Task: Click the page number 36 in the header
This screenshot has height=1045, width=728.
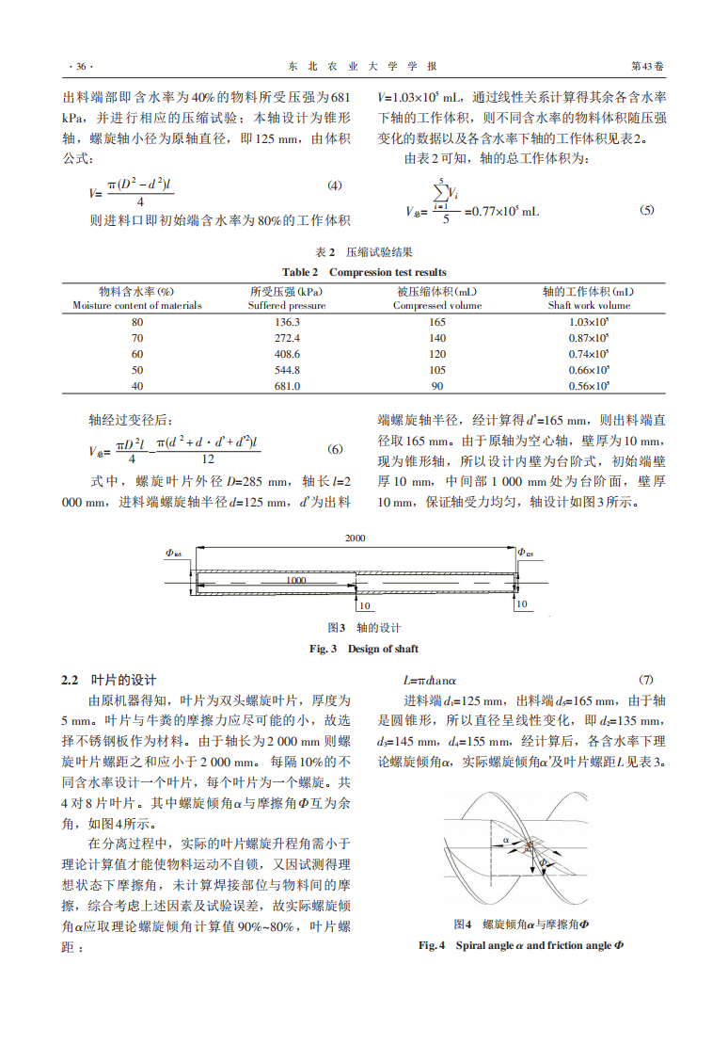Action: [x=82, y=67]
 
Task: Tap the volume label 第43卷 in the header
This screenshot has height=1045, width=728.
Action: [x=647, y=67]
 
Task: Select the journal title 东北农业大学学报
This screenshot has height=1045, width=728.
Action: [x=362, y=67]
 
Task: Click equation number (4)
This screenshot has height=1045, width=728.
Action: [x=334, y=185]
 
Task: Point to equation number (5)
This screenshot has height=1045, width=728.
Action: [x=646, y=210]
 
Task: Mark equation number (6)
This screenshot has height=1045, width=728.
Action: [x=334, y=449]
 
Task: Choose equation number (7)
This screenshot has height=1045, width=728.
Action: [x=646, y=680]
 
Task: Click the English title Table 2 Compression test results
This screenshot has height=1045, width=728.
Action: [x=365, y=272]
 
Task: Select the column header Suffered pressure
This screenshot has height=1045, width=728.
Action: [x=287, y=306]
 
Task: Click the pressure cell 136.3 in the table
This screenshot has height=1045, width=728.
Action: [x=287, y=322]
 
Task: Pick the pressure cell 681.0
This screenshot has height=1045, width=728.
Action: [x=287, y=386]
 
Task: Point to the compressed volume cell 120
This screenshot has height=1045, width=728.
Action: [x=437, y=354]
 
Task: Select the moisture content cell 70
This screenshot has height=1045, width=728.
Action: [x=137, y=338]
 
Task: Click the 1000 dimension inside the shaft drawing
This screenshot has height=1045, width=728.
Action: [x=296, y=582]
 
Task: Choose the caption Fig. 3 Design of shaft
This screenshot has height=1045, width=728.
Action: [x=364, y=649]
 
